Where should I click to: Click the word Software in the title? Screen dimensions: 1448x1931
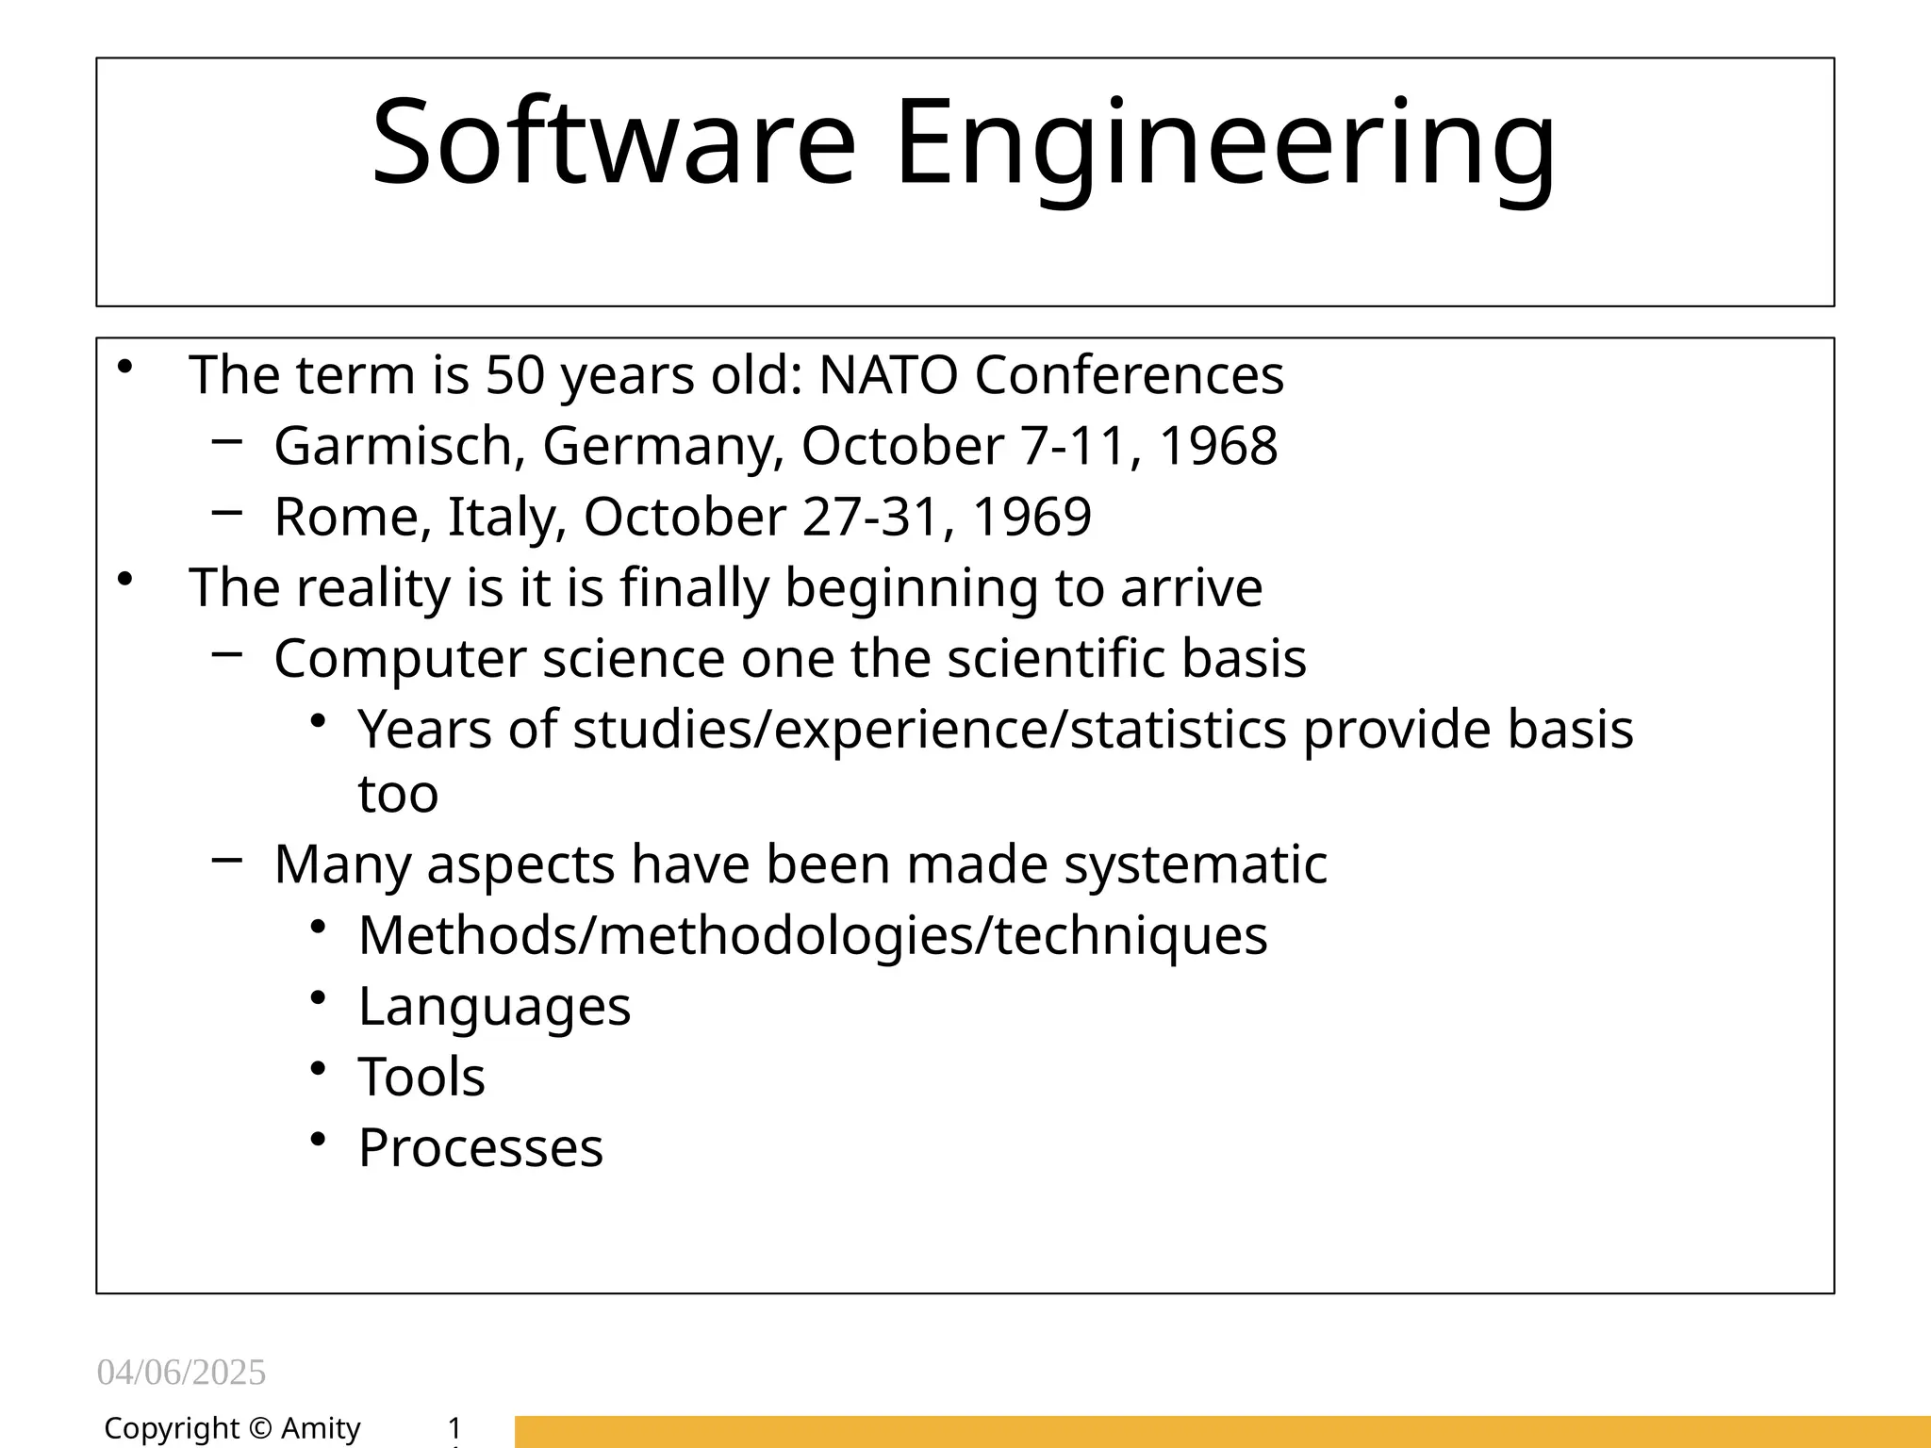(614, 142)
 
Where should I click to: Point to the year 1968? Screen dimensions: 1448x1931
(1217, 445)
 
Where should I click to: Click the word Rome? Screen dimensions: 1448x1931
(346, 517)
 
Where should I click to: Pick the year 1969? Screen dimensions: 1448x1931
(1032, 517)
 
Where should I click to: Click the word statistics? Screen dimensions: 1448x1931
(1179, 730)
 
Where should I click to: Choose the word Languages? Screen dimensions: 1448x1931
(494, 1006)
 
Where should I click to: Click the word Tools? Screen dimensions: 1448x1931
(421, 1077)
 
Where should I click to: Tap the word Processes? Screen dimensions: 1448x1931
(481, 1147)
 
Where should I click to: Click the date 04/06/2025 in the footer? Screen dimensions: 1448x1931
(181, 1373)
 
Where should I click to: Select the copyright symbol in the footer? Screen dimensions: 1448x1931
(260, 1429)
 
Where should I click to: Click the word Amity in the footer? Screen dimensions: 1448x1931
(321, 1429)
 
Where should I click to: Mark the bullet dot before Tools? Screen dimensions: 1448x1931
(318, 1068)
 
